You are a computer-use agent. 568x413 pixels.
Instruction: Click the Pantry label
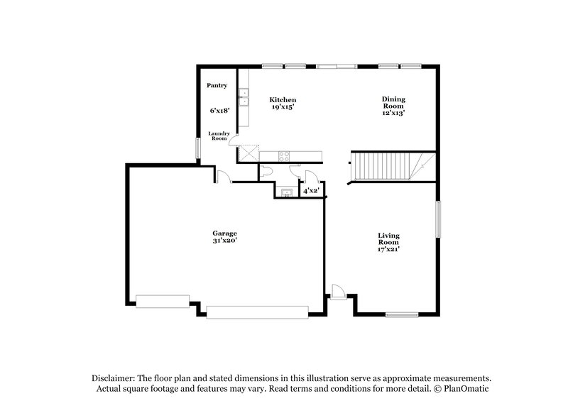tap(217, 86)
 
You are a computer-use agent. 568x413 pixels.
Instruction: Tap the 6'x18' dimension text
tap(219, 111)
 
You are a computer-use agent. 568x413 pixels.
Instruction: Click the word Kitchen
tap(283, 99)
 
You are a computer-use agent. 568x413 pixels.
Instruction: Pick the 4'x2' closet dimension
tap(311, 192)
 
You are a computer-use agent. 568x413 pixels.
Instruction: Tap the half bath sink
tap(287, 192)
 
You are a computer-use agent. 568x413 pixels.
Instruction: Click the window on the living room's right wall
tap(439, 220)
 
